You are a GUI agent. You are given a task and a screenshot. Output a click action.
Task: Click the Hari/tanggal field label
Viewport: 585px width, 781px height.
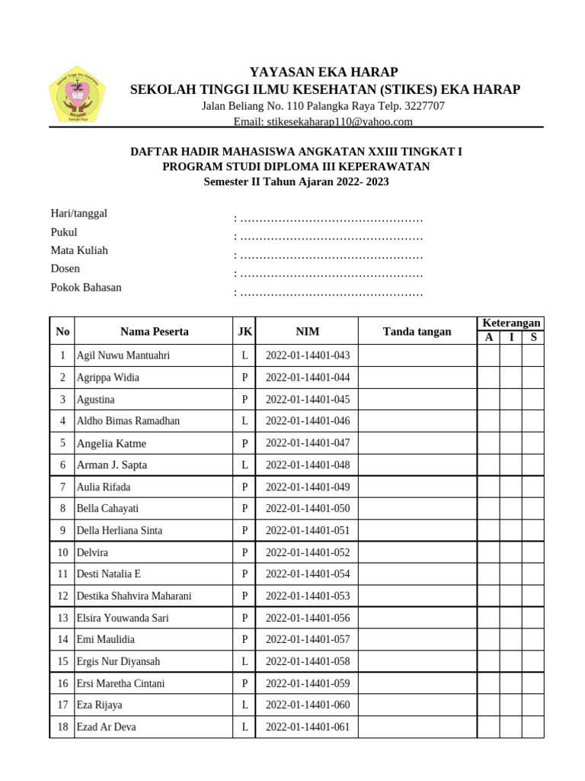coord(79,214)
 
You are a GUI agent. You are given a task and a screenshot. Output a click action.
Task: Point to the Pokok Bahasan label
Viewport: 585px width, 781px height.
coord(86,288)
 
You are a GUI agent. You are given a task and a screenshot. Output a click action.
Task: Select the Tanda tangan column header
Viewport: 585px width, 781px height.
coord(417,332)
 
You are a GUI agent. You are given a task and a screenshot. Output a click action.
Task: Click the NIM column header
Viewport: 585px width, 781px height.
coord(308,332)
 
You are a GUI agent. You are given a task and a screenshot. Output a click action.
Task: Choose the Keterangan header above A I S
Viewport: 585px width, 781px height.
coord(511,323)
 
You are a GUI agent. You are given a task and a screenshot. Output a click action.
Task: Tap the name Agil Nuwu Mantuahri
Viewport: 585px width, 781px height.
coord(123,355)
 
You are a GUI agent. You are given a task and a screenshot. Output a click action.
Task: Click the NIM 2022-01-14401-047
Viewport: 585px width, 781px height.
coord(308,443)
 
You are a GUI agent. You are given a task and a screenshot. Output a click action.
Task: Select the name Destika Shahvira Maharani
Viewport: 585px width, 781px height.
coord(134,596)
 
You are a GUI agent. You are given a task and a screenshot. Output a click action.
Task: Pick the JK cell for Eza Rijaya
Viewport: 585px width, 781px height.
coord(245,705)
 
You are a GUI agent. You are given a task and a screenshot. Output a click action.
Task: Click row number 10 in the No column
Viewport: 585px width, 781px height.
coord(62,552)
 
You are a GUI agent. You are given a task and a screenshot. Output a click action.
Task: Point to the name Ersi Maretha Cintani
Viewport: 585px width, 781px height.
coord(120,683)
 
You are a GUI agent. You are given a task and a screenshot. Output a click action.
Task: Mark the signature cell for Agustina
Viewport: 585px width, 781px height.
coord(417,400)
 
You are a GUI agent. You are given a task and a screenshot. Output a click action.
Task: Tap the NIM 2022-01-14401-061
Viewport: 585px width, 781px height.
coord(308,728)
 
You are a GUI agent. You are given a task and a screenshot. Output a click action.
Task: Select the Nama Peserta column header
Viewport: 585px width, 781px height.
coord(154,332)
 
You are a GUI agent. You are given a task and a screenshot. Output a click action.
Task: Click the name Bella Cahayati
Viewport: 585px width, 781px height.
coord(107,509)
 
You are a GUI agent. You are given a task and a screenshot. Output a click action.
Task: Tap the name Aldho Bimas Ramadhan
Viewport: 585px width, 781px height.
coord(128,421)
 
